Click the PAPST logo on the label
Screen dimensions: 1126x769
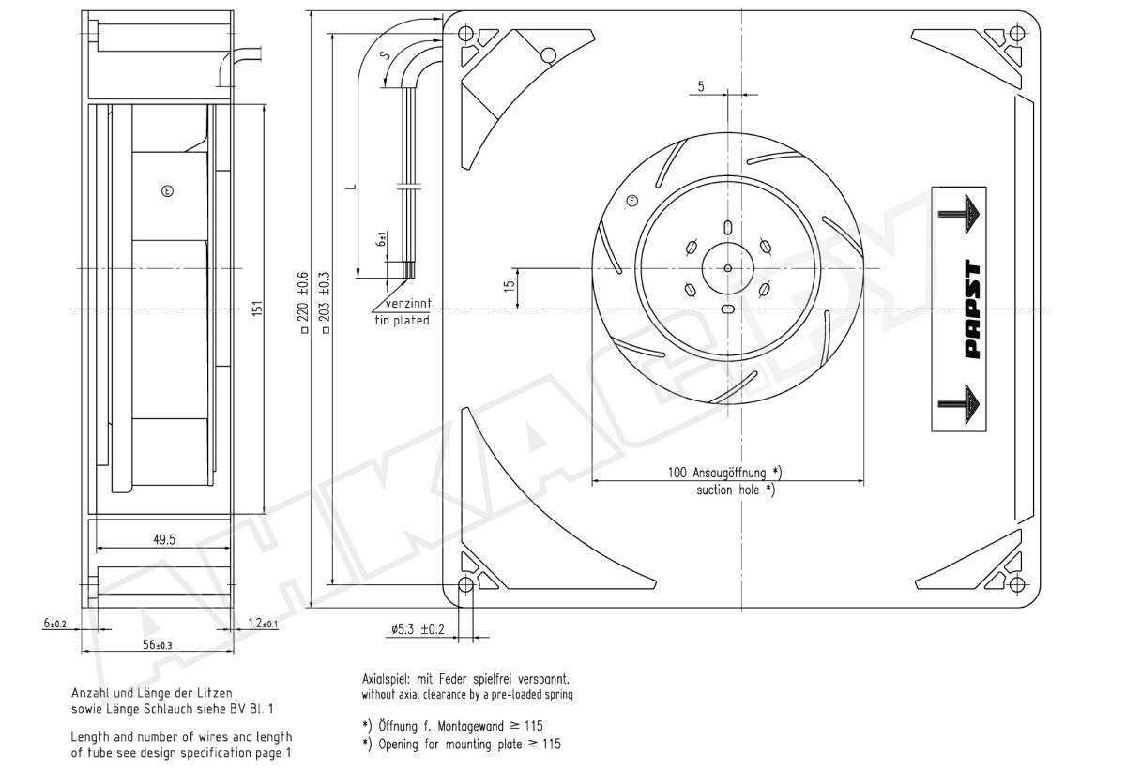tap(973, 309)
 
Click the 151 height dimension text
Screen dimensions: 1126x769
tap(257, 309)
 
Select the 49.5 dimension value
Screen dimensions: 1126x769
tap(164, 539)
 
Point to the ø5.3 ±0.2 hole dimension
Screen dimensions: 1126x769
tap(418, 629)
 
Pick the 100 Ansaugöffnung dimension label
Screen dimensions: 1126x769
tap(724, 473)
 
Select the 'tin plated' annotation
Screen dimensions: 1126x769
tap(403, 321)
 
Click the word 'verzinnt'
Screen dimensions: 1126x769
tap(408, 304)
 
